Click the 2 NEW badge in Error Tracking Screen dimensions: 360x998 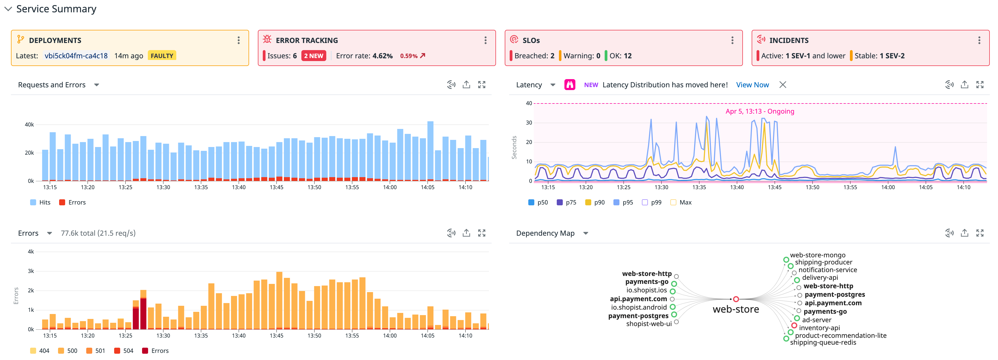[x=313, y=56]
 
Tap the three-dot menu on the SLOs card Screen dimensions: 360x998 [x=732, y=40]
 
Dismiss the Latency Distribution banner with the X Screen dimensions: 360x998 [x=783, y=85]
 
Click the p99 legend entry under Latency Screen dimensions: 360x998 [x=652, y=202]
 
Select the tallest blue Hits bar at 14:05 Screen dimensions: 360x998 [x=430, y=151]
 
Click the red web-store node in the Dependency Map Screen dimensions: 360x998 [x=736, y=299]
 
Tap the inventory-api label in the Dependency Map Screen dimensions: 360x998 [x=819, y=328]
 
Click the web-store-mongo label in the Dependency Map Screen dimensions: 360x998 [x=817, y=255]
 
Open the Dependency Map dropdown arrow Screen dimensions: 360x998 [x=585, y=233]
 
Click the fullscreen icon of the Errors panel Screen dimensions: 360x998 [x=481, y=233]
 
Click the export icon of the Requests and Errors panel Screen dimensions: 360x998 [x=466, y=85]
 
